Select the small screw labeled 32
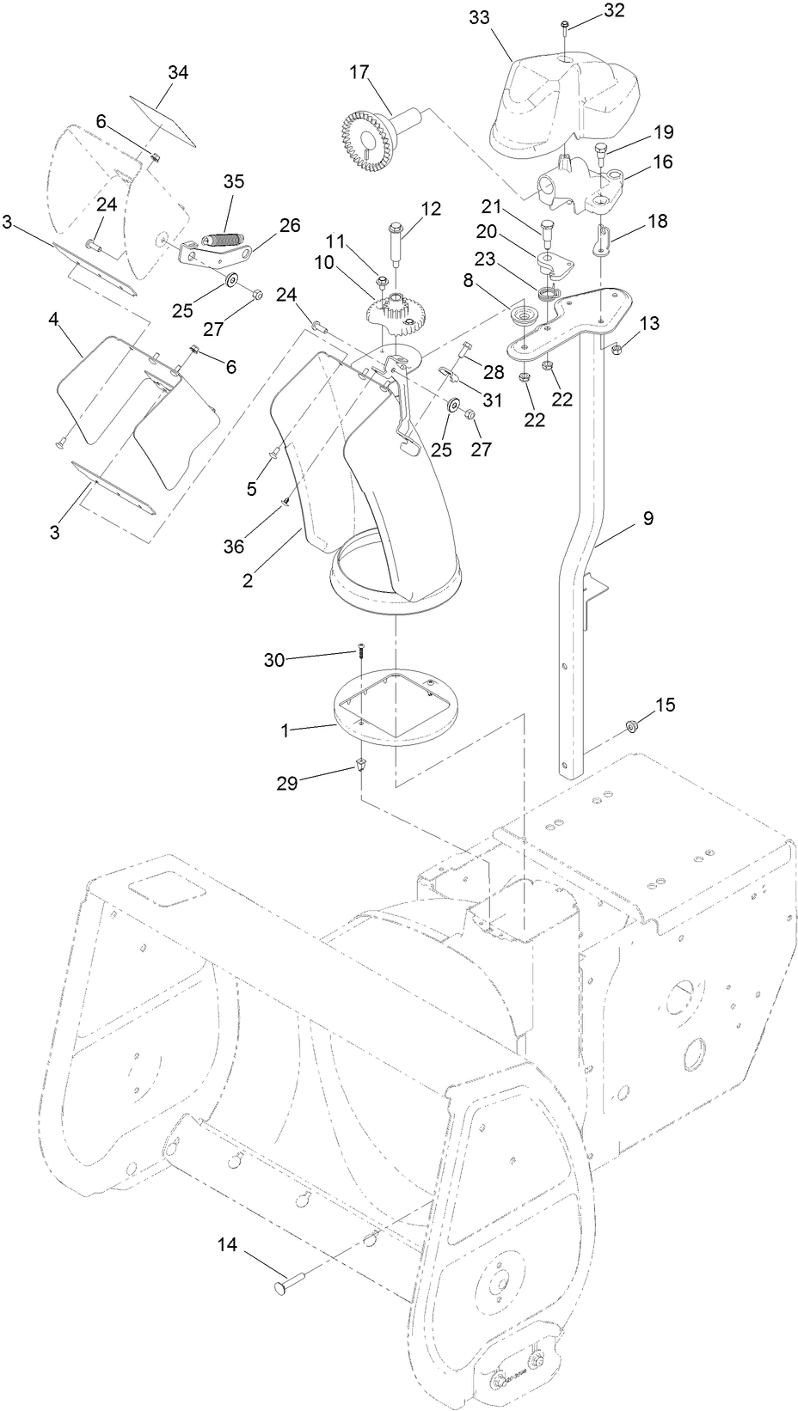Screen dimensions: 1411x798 [564, 27]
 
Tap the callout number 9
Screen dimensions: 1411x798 [647, 518]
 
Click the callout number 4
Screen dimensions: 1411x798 [54, 320]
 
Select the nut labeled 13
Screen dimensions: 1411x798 [617, 347]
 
